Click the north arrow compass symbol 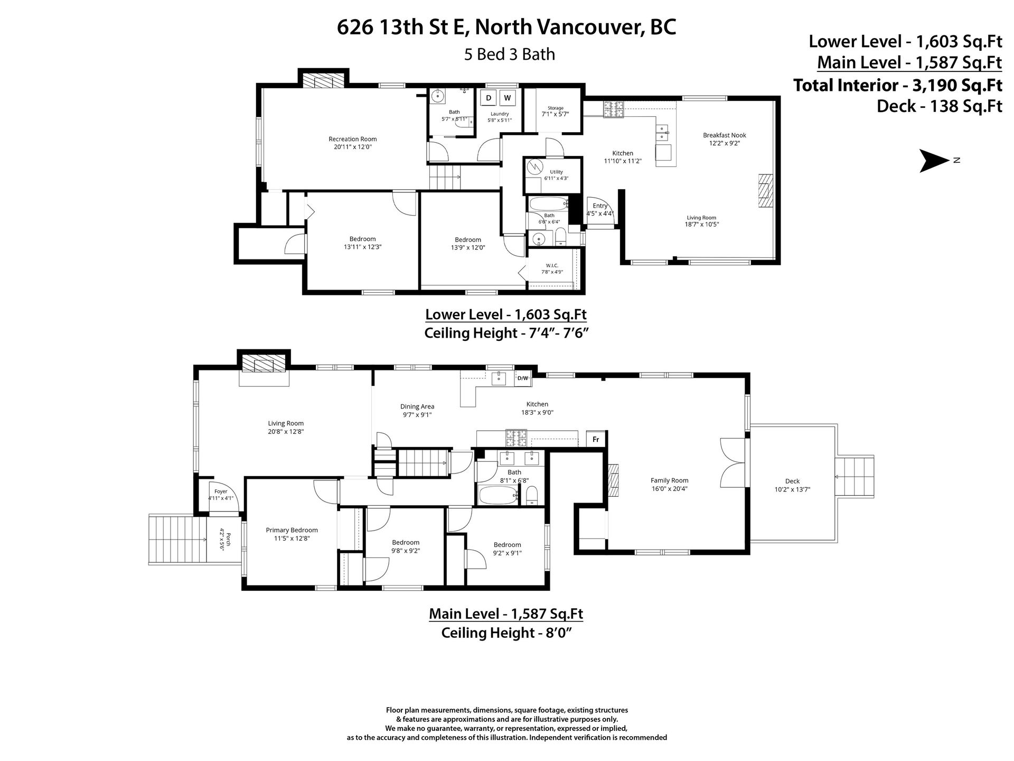pyautogui.click(x=935, y=161)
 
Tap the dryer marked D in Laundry pyautogui.click(x=489, y=98)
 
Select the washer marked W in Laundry pyautogui.click(x=508, y=98)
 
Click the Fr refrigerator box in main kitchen pyautogui.click(x=596, y=439)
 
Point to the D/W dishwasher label pyautogui.click(x=523, y=378)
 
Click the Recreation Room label pyautogui.click(x=353, y=139)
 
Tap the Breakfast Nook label pyautogui.click(x=725, y=135)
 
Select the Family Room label pyautogui.click(x=670, y=480)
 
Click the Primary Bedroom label pyautogui.click(x=292, y=530)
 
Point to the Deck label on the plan pyautogui.click(x=792, y=481)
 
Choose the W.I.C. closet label pyautogui.click(x=552, y=265)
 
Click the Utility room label pyautogui.click(x=557, y=172)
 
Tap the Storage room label pyautogui.click(x=556, y=108)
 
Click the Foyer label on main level pyautogui.click(x=221, y=491)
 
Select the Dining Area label pyautogui.click(x=417, y=406)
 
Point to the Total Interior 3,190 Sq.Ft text pyautogui.click(x=898, y=85)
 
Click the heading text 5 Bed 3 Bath pyautogui.click(x=510, y=54)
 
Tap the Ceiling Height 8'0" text pyautogui.click(x=507, y=633)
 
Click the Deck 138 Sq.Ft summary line pyautogui.click(x=940, y=106)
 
